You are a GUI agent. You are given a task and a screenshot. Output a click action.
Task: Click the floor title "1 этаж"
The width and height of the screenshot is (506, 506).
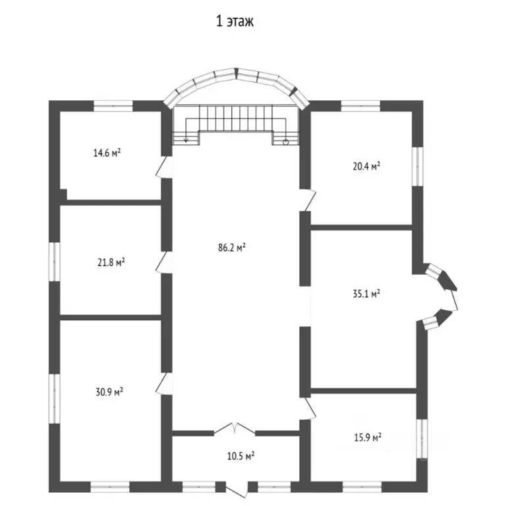pyautogui.click(x=235, y=21)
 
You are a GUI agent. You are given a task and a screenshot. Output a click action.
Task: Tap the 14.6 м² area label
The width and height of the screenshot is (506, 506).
pyautogui.click(x=107, y=153)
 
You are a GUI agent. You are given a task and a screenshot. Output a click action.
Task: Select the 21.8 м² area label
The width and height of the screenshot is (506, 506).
pyautogui.click(x=111, y=262)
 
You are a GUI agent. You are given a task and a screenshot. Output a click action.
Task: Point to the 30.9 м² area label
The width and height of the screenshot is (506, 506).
pyautogui.click(x=109, y=392)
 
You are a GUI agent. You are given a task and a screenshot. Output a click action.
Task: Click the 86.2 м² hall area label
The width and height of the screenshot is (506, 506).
pyautogui.click(x=232, y=248)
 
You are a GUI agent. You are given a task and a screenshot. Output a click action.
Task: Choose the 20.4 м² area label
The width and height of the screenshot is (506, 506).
pyautogui.click(x=366, y=167)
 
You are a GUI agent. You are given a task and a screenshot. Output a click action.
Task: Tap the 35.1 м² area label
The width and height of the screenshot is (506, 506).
pyautogui.click(x=366, y=294)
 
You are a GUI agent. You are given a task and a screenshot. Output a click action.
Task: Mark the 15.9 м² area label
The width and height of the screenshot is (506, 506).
pyautogui.click(x=368, y=438)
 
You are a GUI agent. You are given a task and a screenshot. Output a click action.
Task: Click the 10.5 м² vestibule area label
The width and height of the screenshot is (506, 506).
pyautogui.click(x=240, y=457)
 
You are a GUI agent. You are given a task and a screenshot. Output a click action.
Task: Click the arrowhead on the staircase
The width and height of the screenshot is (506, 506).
pyautogui.click(x=186, y=140)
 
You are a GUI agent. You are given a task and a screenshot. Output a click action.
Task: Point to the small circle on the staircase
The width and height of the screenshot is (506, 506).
pyautogui.click(x=285, y=142)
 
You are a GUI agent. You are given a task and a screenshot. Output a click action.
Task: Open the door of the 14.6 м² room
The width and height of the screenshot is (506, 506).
pyautogui.click(x=164, y=167)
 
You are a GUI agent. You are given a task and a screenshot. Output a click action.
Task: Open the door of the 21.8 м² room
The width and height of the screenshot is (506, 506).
pyautogui.click(x=164, y=262)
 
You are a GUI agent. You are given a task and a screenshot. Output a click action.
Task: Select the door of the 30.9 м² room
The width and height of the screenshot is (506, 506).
pyautogui.click(x=164, y=383)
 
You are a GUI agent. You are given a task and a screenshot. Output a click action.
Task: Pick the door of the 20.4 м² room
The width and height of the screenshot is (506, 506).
pyautogui.click(x=308, y=200)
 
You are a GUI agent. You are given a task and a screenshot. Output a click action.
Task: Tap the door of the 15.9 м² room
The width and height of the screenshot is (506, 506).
pyautogui.click(x=308, y=408)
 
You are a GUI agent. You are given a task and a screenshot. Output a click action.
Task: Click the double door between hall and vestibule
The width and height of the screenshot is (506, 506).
pyautogui.click(x=235, y=428)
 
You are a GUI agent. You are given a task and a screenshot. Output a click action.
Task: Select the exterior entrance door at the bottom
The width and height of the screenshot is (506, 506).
pyautogui.click(x=237, y=490)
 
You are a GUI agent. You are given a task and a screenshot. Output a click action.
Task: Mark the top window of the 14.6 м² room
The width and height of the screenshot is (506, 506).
pyautogui.click(x=113, y=106)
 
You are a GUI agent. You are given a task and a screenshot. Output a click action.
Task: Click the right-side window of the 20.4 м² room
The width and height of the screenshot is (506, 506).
pyautogui.click(x=418, y=167)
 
